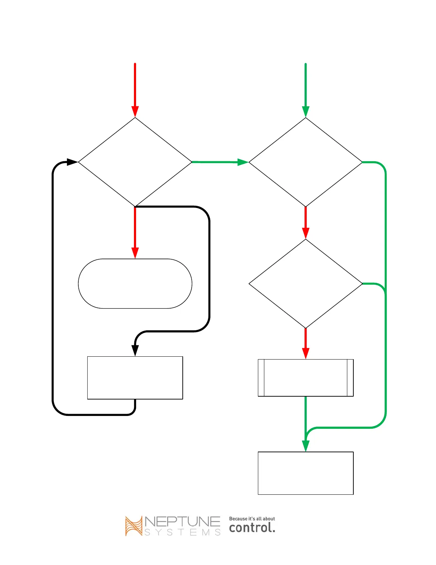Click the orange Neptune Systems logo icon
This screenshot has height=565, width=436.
(134, 526)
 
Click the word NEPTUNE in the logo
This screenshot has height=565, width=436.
(182, 521)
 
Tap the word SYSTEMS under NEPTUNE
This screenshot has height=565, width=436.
(182, 533)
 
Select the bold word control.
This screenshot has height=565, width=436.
(252, 528)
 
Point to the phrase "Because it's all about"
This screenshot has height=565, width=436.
(252, 519)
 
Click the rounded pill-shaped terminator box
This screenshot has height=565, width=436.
(135, 284)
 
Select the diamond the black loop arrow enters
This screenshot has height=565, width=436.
(135, 162)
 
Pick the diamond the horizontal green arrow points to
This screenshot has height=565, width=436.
(305, 162)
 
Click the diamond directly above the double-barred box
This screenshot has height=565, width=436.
(305, 284)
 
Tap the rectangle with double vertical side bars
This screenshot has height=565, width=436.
(305, 378)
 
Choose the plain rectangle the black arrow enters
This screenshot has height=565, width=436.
(135, 378)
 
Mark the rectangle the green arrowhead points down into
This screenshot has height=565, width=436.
(305, 473)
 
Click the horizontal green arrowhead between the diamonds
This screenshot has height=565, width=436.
(243, 162)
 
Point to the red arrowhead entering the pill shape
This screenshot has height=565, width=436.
(135, 253)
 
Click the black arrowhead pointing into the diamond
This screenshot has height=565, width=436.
(72, 162)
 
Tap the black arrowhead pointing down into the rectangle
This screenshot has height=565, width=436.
(135, 350)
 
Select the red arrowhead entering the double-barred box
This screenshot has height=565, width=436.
(305, 353)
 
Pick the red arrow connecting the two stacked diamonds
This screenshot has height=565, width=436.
(305, 222)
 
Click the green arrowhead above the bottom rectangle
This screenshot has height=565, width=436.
(305, 446)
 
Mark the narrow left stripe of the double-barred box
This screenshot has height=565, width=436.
(261, 378)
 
